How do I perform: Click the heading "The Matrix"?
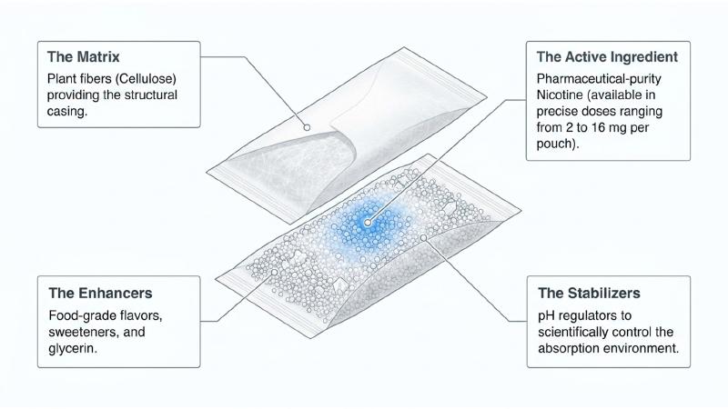tap(83, 56)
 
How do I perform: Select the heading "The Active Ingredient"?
tap(607, 56)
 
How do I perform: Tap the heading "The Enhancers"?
tap(100, 293)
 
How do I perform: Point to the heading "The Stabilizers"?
tap(589, 293)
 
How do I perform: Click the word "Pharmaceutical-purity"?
tap(599, 79)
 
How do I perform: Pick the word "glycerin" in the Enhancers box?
tap(71, 349)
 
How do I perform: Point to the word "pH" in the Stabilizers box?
tap(546, 316)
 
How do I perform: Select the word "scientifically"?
tap(573, 333)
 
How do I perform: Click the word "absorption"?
tap(566, 349)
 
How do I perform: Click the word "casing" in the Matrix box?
tap(66, 112)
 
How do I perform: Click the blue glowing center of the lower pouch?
tap(368, 222)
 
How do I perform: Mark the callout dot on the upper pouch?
tap(307, 127)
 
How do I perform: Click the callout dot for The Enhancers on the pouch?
tap(275, 273)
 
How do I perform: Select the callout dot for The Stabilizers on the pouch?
tap(423, 237)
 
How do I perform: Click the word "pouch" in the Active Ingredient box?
tap(556, 145)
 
